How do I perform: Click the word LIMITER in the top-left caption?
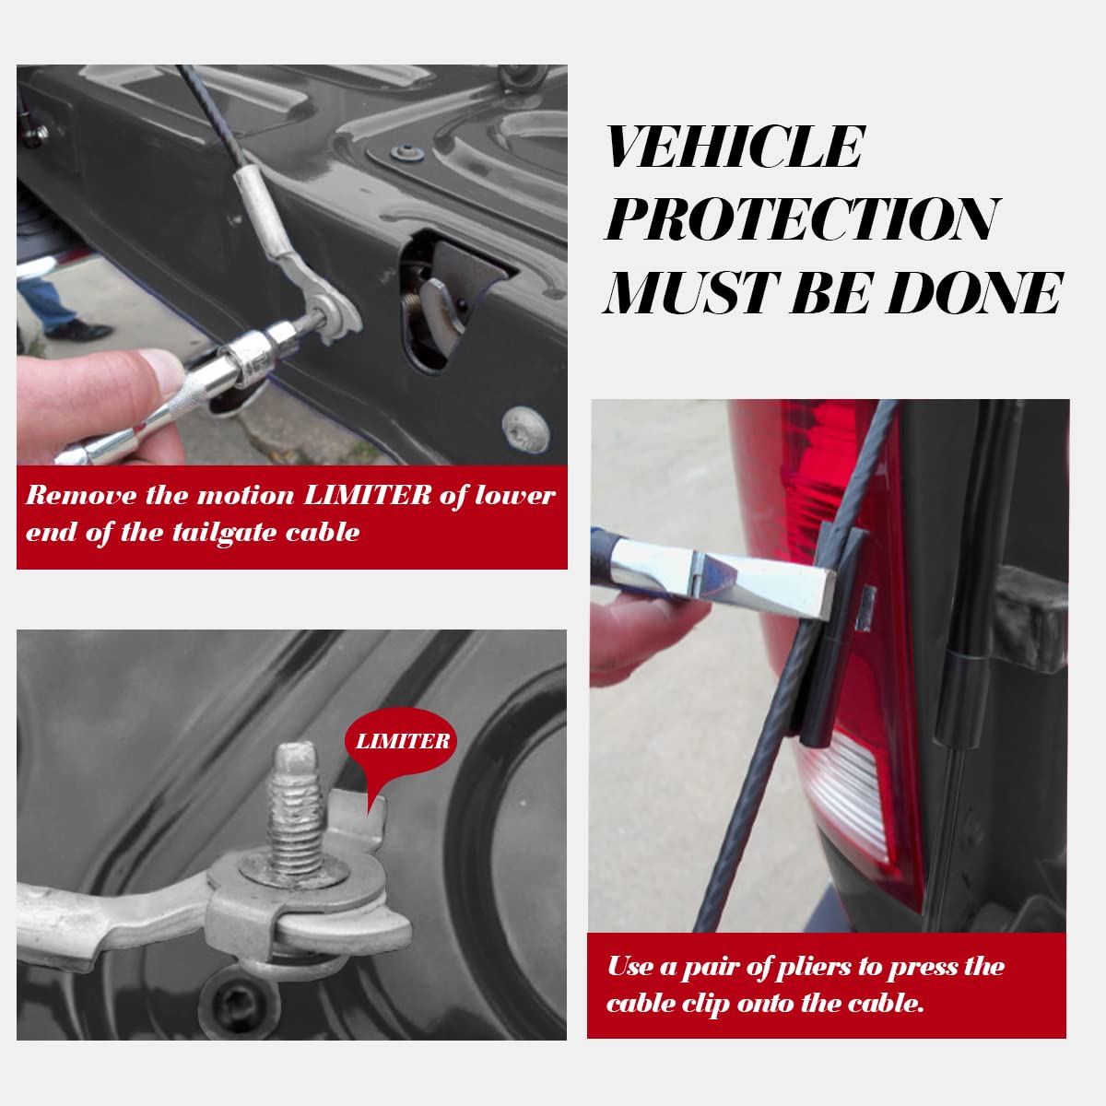click(368, 495)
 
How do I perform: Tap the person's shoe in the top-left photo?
click(79, 330)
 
